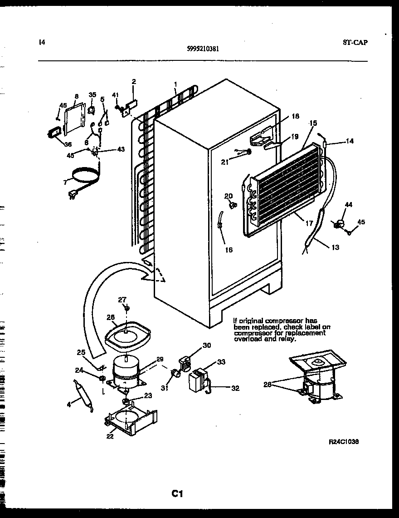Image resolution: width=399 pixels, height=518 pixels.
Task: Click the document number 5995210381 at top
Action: point(204,49)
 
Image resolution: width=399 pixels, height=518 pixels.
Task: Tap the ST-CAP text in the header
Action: point(355,43)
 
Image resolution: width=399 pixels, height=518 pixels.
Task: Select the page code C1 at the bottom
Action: point(177,493)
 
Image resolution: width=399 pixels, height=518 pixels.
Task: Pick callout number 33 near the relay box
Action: point(221,362)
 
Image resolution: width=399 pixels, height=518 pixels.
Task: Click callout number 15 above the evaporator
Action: point(313,123)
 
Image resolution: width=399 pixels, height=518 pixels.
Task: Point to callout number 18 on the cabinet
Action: point(295,116)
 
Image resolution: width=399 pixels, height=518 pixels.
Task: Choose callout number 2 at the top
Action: point(134,82)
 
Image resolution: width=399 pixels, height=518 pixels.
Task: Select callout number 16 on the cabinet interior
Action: point(229,250)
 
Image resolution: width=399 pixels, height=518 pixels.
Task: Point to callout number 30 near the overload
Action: point(207,345)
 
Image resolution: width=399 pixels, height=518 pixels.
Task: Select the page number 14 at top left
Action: point(42,43)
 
